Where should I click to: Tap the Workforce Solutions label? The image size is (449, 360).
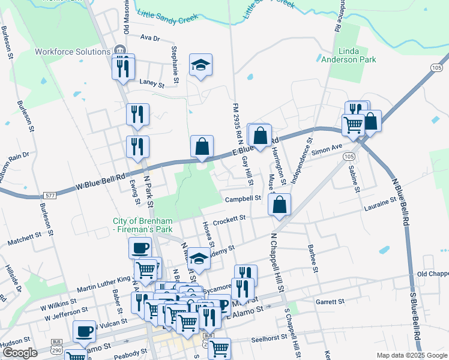[x=72, y=52]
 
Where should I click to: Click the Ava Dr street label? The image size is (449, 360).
[x=149, y=38]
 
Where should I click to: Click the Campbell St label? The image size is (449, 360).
[x=243, y=199]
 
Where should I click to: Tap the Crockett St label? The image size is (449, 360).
[x=230, y=219]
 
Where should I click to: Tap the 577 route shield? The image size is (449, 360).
[x=49, y=196]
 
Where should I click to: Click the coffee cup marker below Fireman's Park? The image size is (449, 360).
[x=140, y=248]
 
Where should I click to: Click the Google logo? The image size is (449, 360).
[x=20, y=353]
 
